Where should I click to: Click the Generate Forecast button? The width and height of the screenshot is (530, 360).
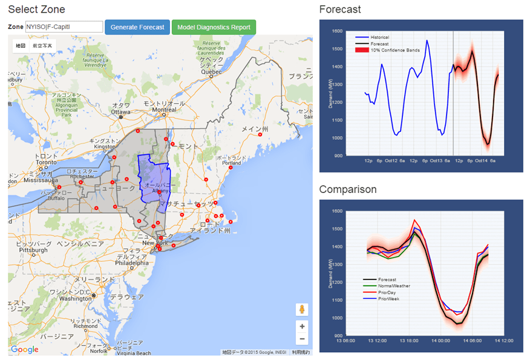click(137, 27)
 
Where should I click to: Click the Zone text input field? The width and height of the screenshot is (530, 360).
click(64, 27)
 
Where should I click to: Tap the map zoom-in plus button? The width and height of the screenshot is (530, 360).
click(302, 326)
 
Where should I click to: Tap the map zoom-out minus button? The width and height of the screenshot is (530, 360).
click(302, 339)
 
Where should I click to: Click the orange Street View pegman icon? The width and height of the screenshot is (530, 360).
click(302, 310)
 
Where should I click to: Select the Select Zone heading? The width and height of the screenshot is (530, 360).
click(36, 10)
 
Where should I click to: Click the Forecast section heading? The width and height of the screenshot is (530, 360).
click(340, 10)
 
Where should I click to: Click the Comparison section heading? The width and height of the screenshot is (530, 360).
click(348, 190)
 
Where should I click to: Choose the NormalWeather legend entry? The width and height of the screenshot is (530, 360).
click(394, 286)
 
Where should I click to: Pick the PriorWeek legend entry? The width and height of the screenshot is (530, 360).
click(388, 299)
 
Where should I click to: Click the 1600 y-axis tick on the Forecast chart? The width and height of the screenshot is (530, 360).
click(336, 30)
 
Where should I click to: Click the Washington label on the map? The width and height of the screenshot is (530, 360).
click(76, 298)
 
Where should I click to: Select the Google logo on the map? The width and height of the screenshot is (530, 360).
click(25, 349)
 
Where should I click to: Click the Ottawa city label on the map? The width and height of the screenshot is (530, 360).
click(121, 112)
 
